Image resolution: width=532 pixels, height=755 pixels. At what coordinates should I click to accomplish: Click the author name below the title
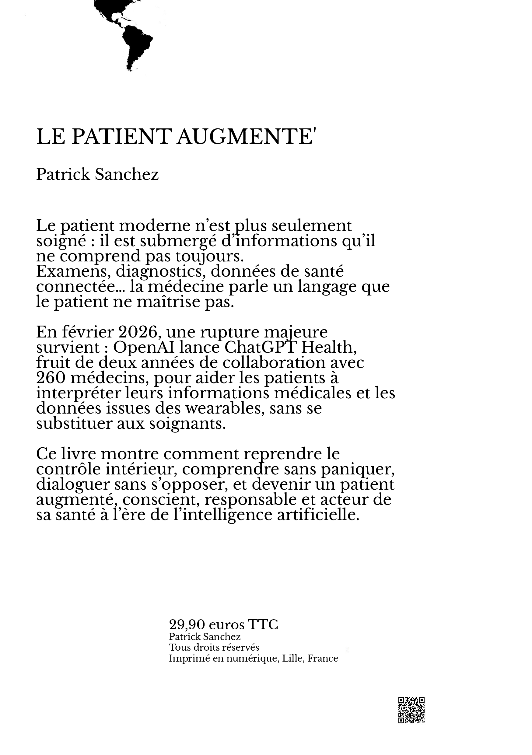coord(97,174)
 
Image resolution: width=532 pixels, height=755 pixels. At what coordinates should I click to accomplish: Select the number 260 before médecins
coord(50,378)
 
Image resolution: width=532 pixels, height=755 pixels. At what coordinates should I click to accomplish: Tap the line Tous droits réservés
coord(214,648)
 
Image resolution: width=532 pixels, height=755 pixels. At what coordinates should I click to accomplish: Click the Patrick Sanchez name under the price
coord(205,637)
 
